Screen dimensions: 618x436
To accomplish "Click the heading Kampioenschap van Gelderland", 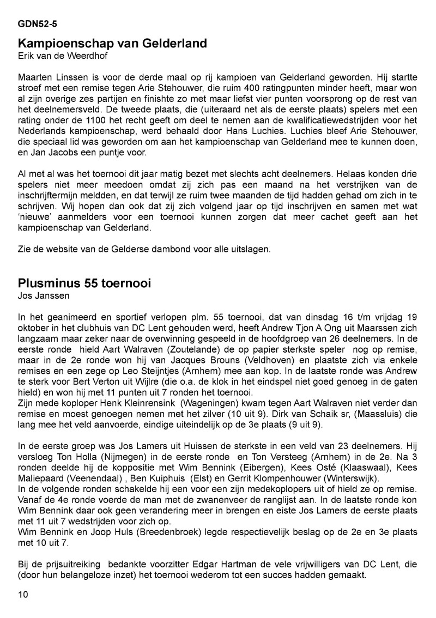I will (112, 43).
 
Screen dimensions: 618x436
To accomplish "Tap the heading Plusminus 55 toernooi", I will (84, 284).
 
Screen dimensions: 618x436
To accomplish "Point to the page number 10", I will (23, 595).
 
